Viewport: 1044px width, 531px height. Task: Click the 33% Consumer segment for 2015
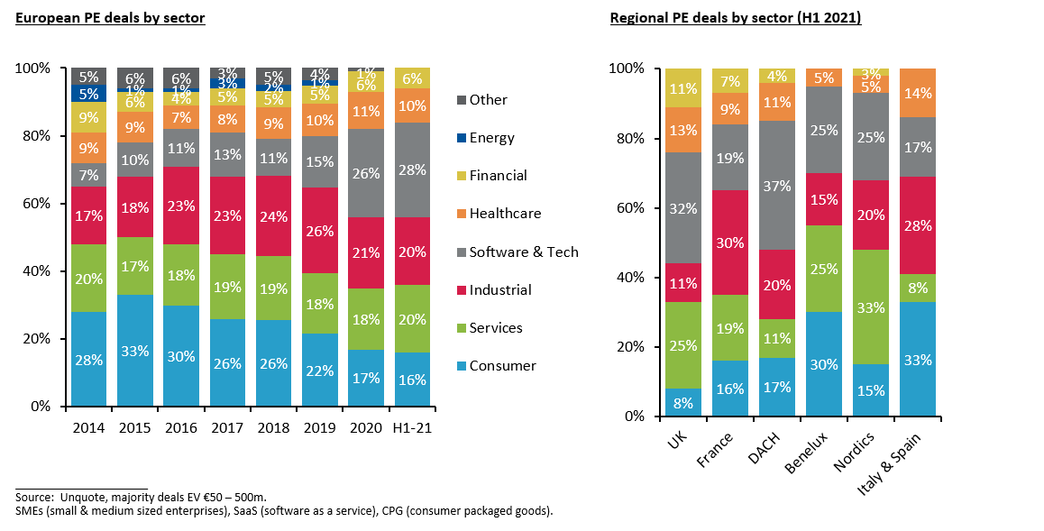[135, 350]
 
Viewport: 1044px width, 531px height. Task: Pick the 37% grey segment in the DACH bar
[777, 186]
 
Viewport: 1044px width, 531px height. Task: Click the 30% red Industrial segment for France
[730, 242]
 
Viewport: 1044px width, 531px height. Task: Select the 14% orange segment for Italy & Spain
[918, 93]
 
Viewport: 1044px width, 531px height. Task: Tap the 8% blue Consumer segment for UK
[683, 402]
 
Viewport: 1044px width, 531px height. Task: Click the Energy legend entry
[491, 138]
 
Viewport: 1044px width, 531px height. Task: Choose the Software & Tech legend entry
[523, 252]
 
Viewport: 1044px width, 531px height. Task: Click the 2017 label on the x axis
[228, 427]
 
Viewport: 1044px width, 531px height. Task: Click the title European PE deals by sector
[110, 18]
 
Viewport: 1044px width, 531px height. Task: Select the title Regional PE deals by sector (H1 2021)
[735, 18]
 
